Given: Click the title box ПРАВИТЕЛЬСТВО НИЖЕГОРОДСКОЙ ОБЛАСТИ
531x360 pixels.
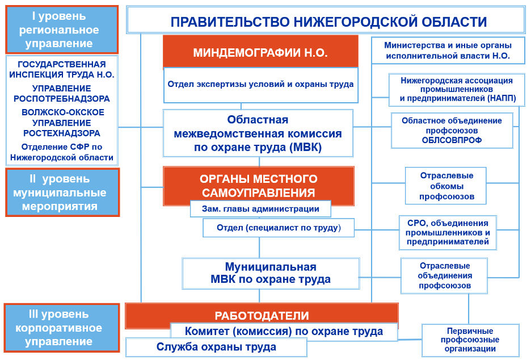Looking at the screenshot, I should [x=328, y=22].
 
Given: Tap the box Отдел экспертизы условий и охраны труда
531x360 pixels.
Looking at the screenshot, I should [x=260, y=84].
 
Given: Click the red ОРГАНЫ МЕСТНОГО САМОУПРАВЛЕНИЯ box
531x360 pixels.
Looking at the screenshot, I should [x=258, y=186].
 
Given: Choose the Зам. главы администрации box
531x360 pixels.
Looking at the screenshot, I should [x=260, y=209].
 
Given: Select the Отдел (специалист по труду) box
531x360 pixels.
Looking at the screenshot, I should [x=278, y=228].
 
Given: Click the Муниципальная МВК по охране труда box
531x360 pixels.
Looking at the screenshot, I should [x=270, y=273].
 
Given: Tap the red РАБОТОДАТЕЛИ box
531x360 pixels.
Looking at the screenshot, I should [x=262, y=316].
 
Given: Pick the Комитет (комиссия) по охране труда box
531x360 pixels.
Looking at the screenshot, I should [x=284, y=331].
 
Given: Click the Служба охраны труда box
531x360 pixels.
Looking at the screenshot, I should [x=216, y=347].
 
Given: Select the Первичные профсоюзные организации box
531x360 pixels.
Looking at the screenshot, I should [x=470, y=340].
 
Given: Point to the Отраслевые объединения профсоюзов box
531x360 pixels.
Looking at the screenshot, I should [x=445, y=275].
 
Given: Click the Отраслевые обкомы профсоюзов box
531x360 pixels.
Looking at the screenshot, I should [x=446, y=186].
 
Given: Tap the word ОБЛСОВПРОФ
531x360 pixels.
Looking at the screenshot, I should [x=452, y=140].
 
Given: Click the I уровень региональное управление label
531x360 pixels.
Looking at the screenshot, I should [x=61, y=30].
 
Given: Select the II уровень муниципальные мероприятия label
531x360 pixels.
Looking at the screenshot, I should [x=62, y=192].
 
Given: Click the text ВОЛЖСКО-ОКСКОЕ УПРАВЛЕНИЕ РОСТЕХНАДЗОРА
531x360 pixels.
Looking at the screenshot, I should [x=63, y=123].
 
